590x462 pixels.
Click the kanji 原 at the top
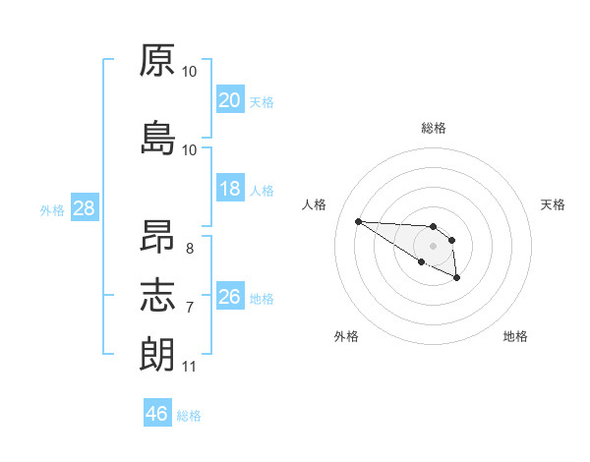[x=157, y=60]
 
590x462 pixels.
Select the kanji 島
[x=158, y=138]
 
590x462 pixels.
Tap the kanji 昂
[x=157, y=236]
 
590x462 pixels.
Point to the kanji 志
[x=157, y=295]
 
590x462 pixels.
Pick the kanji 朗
[x=157, y=354]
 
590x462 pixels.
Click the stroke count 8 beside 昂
[x=190, y=249]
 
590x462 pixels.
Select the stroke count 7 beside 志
[x=190, y=308]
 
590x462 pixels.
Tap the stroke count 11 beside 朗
[x=189, y=367]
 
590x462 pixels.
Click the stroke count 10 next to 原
[x=189, y=72]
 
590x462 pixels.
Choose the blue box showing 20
[x=230, y=99]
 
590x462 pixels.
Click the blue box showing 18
[x=230, y=188]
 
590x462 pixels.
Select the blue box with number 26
[x=230, y=295]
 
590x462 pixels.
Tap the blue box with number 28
[x=85, y=207]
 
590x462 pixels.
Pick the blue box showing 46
[x=157, y=412]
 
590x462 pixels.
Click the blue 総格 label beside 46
[x=189, y=416]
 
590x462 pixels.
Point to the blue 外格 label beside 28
[x=52, y=210]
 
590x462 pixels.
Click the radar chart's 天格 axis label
[x=553, y=204]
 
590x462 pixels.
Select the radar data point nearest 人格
[x=359, y=221]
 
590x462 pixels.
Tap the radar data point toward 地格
[x=456, y=277]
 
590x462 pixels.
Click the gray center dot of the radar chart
[x=433, y=246]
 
